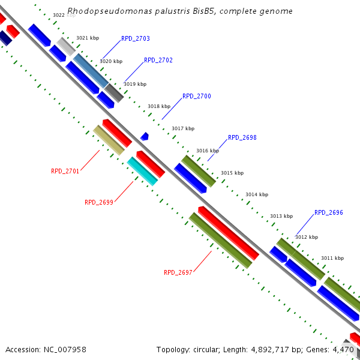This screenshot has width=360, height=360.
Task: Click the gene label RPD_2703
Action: [x=136, y=38]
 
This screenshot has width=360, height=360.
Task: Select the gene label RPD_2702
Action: [x=158, y=61]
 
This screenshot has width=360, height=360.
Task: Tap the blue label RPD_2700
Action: [x=197, y=96]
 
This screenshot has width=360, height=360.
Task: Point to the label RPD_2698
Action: [x=242, y=138]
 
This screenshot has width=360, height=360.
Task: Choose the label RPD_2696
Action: [x=329, y=213]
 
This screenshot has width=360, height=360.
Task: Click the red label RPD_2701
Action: [x=65, y=171]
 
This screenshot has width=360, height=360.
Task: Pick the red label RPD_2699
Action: [x=99, y=203]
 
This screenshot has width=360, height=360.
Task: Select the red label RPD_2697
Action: [x=178, y=272]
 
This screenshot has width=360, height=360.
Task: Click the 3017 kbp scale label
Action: [x=183, y=128]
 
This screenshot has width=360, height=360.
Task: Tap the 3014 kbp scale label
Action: [x=257, y=194]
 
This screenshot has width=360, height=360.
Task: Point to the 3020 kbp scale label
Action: [x=111, y=61]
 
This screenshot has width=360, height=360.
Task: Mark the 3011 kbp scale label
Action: [x=332, y=258]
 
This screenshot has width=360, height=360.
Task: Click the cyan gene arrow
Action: [x=142, y=171]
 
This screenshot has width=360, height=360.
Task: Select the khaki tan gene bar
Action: [x=109, y=140]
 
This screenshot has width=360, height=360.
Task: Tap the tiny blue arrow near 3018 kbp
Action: [x=145, y=137]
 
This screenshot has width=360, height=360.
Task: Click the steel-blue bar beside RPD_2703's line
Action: [x=91, y=70]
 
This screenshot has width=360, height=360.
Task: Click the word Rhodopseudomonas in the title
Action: [x=103, y=11]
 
